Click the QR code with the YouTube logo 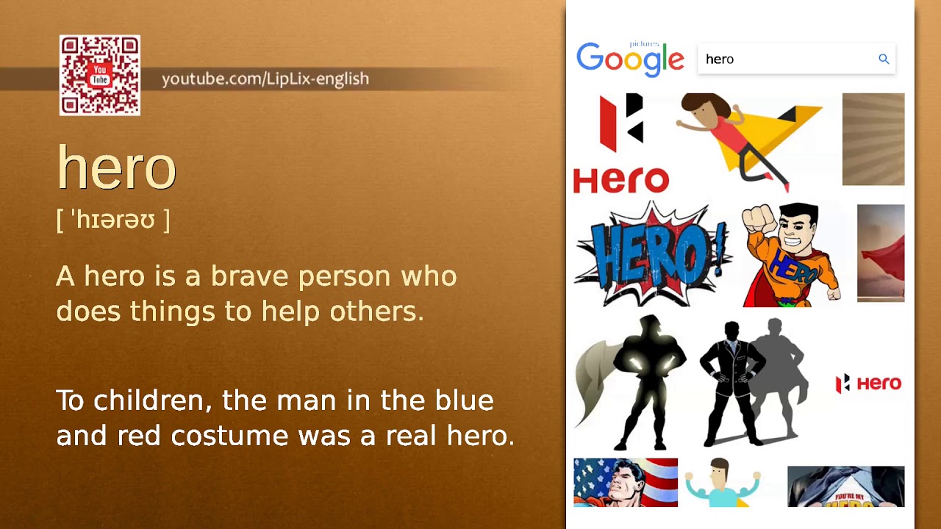coord(100,76)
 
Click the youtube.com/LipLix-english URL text coord(265,79)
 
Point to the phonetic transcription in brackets coord(112,220)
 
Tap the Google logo coord(630,59)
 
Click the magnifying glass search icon coord(884,59)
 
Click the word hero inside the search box coord(720,60)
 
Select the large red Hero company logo coord(621,143)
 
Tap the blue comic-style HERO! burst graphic coord(651,253)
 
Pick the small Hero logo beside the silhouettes coord(868,384)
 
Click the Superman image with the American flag coord(626,483)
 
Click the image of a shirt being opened coord(845,486)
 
